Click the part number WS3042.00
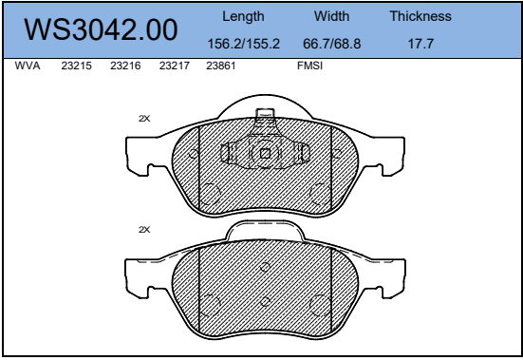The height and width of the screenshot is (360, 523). click(x=101, y=29)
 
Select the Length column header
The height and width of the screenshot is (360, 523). click(x=243, y=16)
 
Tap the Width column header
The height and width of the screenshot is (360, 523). click(x=331, y=16)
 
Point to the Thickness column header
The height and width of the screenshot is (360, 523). click(x=420, y=16)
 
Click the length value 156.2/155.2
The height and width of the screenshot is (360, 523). click(x=244, y=44)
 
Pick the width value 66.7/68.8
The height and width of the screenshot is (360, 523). click(x=332, y=44)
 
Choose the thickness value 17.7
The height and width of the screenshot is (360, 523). click(x=420, y=44)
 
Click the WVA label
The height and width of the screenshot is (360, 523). click(x=28, y=66)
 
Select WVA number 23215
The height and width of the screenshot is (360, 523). click(x=76, y=66)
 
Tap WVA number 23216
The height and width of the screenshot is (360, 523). click(x=125, y=66)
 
